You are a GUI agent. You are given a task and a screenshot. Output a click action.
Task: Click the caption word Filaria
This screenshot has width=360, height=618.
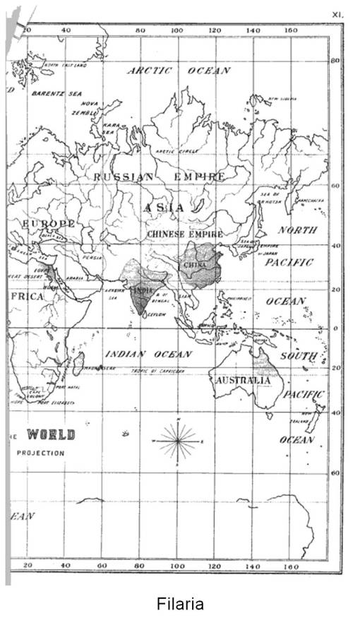[180, 604]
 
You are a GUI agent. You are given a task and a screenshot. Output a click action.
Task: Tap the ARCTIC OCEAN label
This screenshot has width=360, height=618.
[179, 71]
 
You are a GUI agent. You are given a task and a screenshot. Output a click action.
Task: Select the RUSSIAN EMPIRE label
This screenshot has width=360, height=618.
[160, 177]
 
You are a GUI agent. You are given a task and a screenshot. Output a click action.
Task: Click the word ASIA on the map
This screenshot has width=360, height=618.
[164, 208]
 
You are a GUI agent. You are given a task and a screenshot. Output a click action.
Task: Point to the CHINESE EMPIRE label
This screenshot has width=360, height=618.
[185, 233]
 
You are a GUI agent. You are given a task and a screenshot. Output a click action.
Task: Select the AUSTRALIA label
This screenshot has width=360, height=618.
[243, 380]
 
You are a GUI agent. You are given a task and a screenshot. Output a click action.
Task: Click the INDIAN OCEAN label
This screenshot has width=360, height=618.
[148, 353]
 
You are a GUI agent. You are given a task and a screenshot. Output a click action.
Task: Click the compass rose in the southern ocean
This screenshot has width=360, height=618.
[179, 440]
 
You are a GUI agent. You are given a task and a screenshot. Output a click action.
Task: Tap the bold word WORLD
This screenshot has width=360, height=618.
[51, 434]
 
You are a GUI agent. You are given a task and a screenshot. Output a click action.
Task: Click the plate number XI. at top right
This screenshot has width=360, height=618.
[337, 13]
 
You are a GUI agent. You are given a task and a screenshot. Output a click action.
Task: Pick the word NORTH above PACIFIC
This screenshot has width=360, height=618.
[298, 230]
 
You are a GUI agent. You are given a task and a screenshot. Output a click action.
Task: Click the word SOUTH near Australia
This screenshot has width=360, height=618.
[299, 356]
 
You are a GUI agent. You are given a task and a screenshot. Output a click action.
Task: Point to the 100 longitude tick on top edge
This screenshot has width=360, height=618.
[177, 30]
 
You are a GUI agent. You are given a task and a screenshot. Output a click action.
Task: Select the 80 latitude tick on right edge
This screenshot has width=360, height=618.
[336, 61]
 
